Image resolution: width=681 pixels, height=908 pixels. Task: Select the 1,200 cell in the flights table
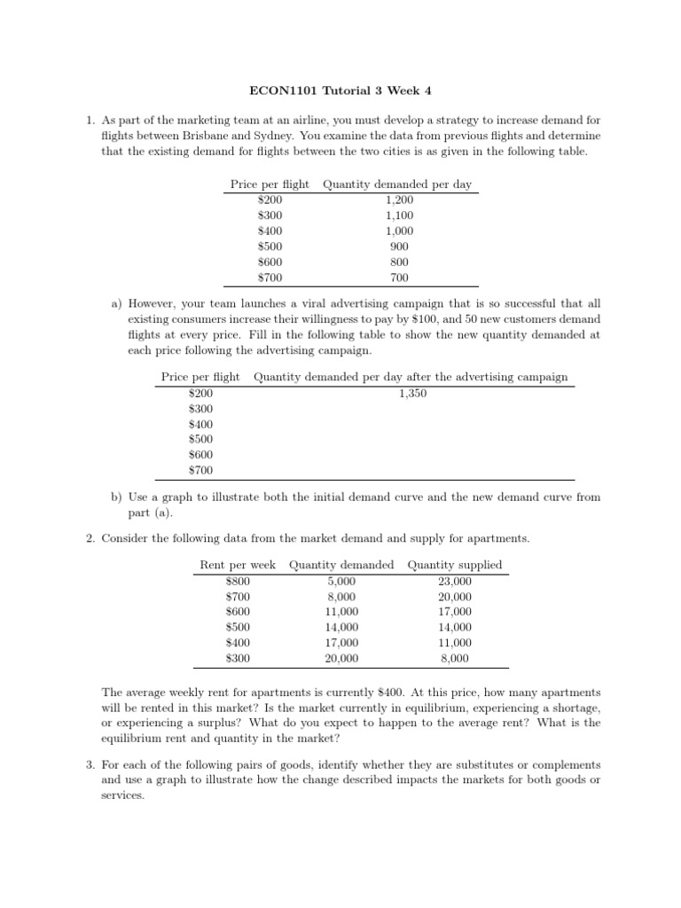point(399,200)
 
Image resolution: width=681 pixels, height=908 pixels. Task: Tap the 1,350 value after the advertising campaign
point(412,393)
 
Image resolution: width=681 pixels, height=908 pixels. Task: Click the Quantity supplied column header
point(455,565)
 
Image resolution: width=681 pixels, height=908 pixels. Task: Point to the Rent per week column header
point(238,565)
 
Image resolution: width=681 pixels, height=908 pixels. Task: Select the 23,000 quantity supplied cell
point(455,582)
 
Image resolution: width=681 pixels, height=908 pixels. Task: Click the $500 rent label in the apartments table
point(239,628)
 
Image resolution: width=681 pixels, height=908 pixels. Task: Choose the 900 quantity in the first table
point(399,246)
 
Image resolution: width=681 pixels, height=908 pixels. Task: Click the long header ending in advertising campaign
point(411,377)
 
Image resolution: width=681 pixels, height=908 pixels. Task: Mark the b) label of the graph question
point(117,497)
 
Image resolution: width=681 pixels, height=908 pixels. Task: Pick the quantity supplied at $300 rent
point(455,659)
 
